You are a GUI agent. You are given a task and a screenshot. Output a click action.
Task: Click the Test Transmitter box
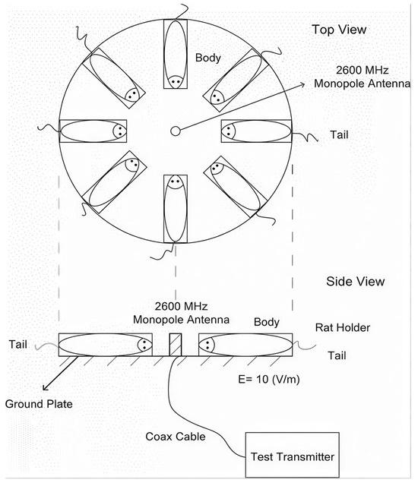click(x=292, y=455)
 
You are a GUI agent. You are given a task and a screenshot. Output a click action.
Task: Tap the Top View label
click(x=339, y=30)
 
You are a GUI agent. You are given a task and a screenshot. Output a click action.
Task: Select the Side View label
click(x=356, y=281)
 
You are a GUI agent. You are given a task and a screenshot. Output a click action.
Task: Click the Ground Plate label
click(x=39, y=404)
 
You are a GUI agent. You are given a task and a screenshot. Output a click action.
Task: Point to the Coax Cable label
click(x=176, y=437)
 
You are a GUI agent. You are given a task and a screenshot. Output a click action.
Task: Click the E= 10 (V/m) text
click(x=269, y=379)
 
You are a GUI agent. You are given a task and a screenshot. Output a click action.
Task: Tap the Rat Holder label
click(x=343, y=327)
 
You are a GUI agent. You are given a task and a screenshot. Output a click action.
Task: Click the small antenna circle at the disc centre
click(x=176, y=131)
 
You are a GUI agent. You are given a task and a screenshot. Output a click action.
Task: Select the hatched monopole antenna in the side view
click(x=176, y=345)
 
